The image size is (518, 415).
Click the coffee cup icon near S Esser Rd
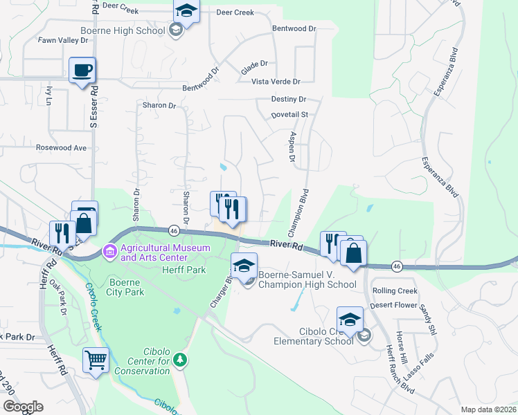point(82,71)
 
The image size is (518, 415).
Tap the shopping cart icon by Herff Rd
point(96,360)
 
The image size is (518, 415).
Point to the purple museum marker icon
point(109,250)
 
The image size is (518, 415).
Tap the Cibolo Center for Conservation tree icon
point(180,359)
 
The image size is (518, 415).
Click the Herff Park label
point(184,270)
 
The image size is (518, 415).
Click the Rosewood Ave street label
point(62,147)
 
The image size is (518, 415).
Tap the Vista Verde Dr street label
point(275,82)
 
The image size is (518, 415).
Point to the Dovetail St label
point(289,114)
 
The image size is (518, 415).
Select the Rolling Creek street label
point(395,291)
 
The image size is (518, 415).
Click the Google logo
point(22,407)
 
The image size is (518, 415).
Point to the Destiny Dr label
point(289,100)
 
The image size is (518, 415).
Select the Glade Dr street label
point(254,64)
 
